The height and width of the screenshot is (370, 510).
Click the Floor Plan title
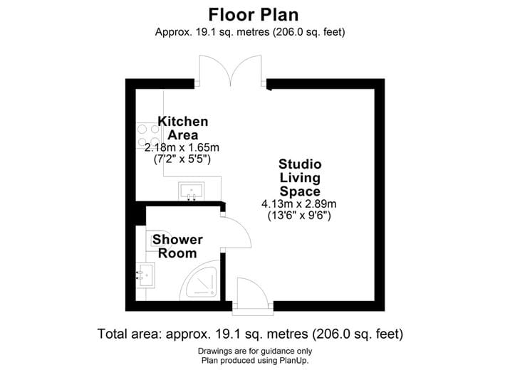pyautogui.click(x=253, y=14)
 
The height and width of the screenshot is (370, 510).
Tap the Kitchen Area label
pyautogui.click(x=183, y=128)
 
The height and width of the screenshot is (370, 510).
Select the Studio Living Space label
pyautogui.click(x=299, y=178)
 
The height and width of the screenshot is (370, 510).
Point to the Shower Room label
pyautogui.click(x=177, y=246)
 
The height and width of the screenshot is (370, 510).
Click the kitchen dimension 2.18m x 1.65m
pyautogui.click(x=182, y=147)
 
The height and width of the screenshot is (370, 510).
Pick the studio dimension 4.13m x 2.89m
pyautogui.click(x=299, y=203)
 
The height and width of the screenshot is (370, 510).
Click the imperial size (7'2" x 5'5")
pyautogui.click(x=182, y=159)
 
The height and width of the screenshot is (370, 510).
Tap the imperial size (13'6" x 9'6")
pyautogui.click(x=299, y=215)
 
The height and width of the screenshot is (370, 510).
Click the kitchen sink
pyautogui.click(x=191, y=191)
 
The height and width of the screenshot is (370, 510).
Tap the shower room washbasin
pyautogui.click(x=147, y=274)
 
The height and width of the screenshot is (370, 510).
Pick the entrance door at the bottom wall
pyautogui.click(x=249, y=295)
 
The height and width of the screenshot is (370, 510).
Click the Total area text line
pyautogui.click(x=250, y=333)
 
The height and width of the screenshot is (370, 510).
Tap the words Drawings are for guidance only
pyautogui.click(x=254, y=351)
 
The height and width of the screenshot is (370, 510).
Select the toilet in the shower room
pyautogui.click(x=158, y=242)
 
